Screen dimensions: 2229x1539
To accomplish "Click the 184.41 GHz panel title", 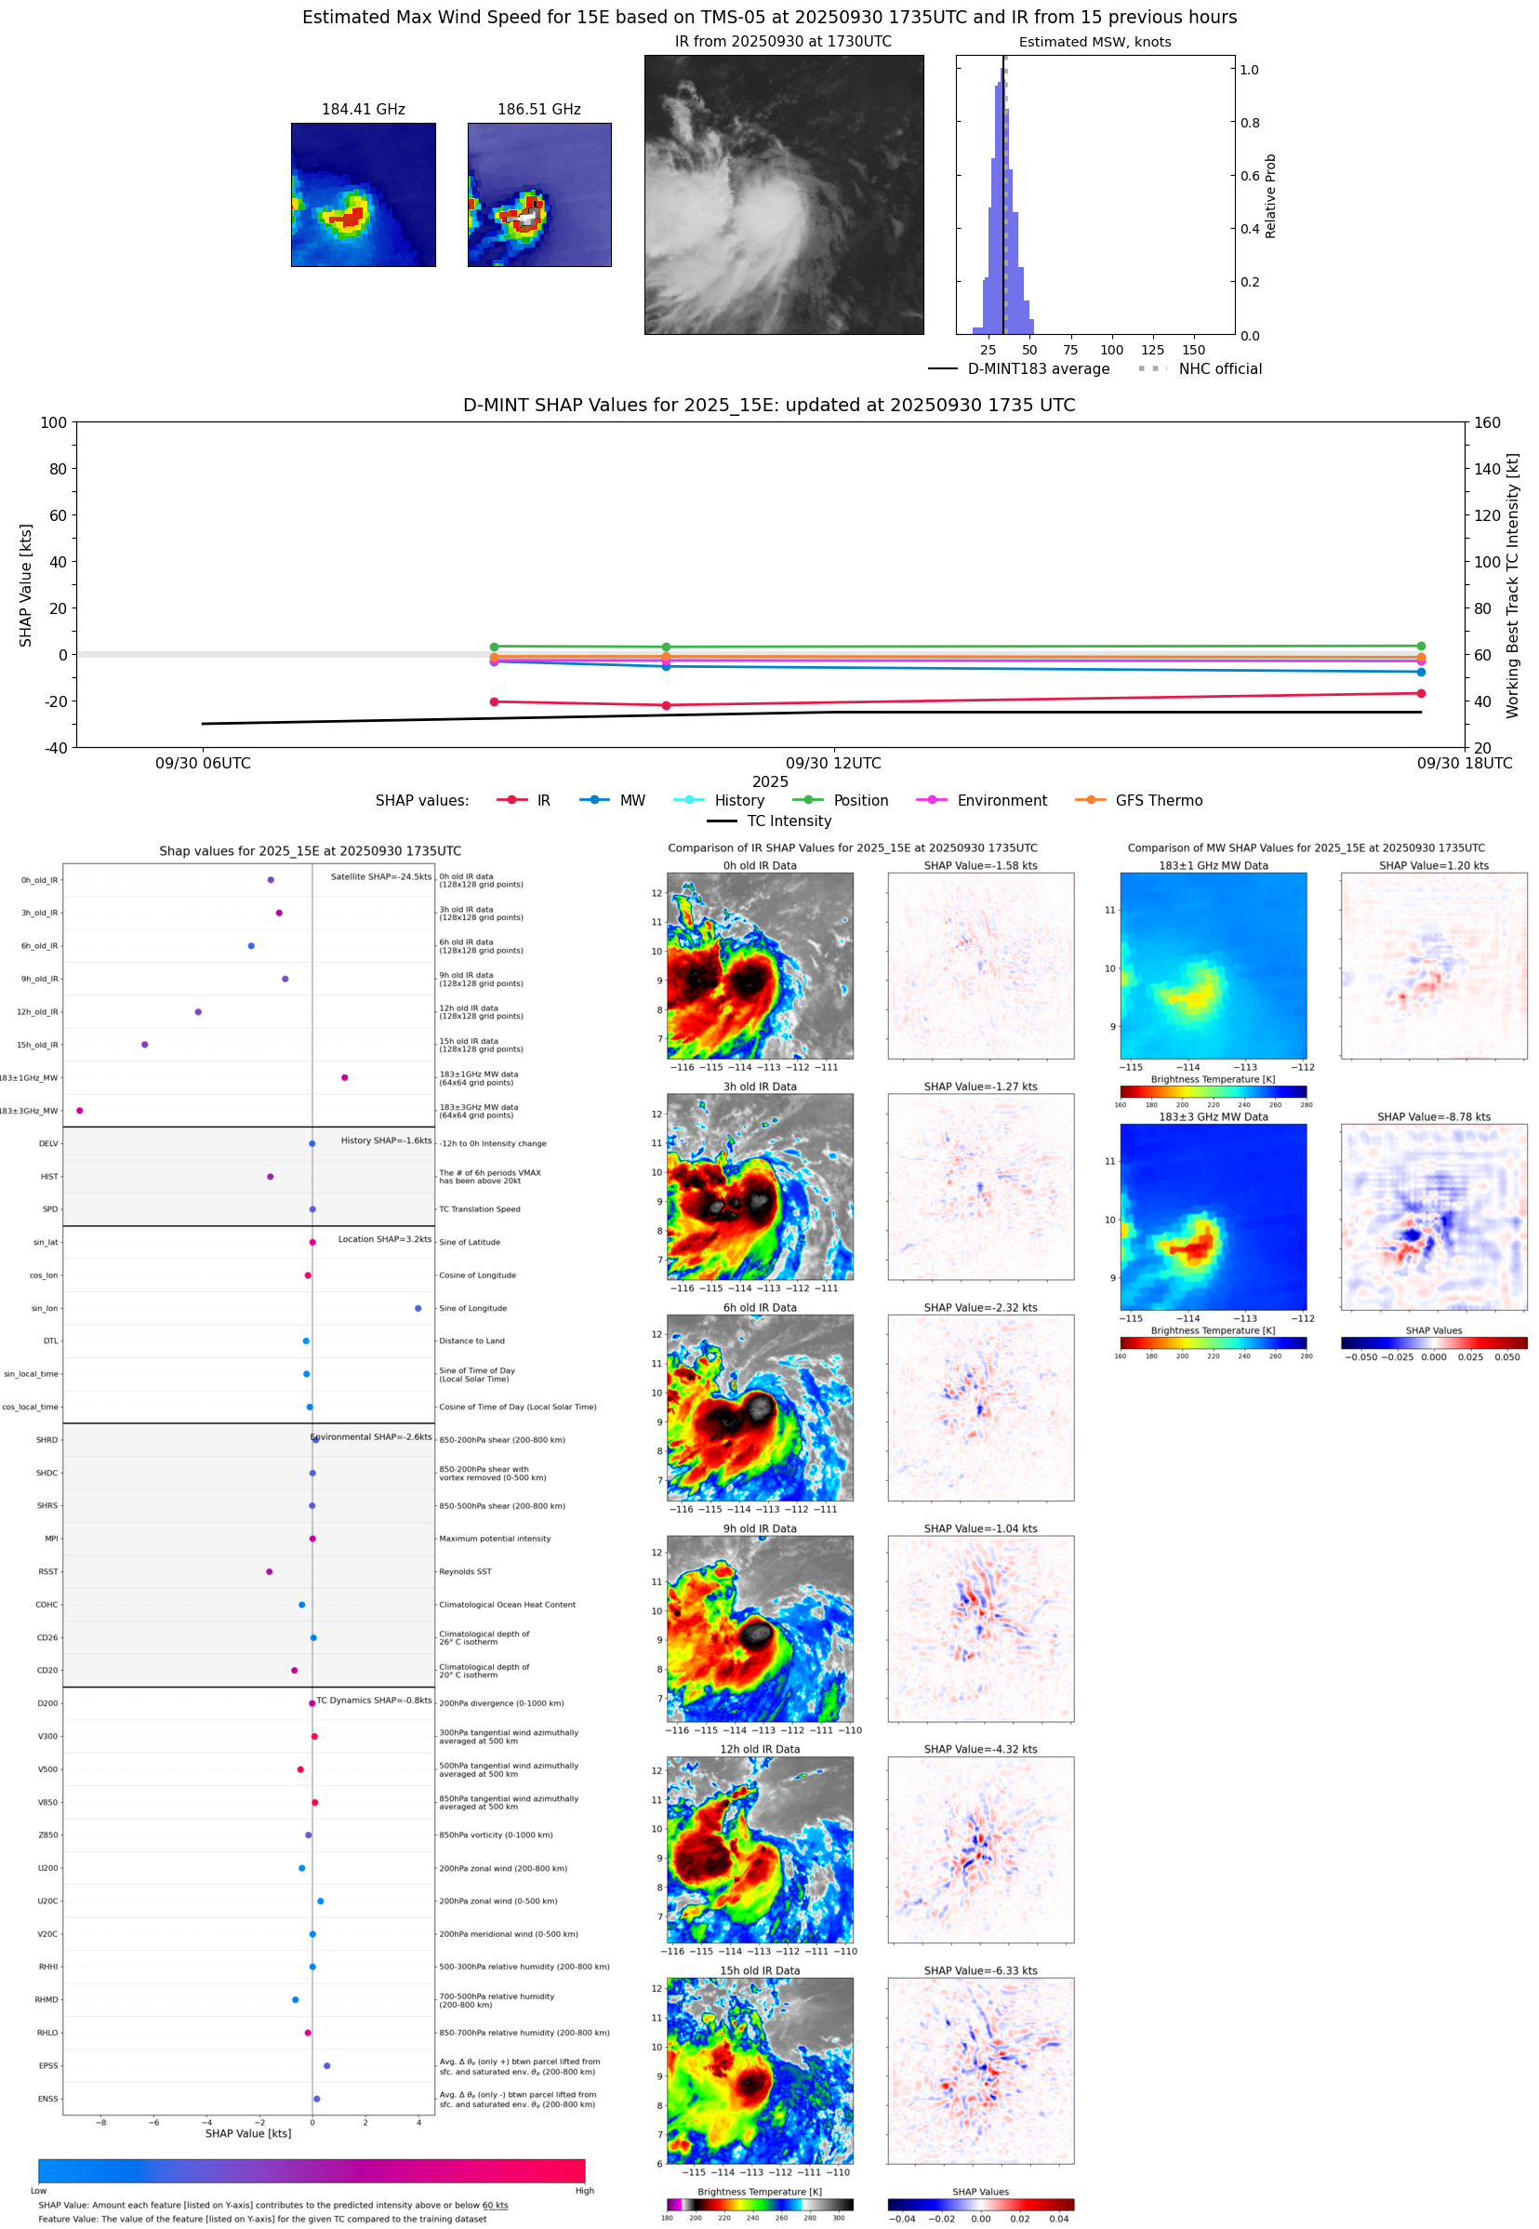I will click(x=363, y=109).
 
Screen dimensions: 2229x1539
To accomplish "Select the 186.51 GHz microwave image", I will click(x=539, y=194).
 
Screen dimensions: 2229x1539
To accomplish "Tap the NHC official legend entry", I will click(x=1219, y=368).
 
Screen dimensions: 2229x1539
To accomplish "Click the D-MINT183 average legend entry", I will click(x=1038, y=368).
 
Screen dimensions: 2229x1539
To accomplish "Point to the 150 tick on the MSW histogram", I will click(x=1193, y=350).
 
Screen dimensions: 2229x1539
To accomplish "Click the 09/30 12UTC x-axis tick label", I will click(x=833, y=763).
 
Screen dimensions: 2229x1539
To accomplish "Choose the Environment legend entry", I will click(x=1001, y=801).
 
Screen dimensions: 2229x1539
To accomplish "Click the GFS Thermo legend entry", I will click(x=1158, y=801).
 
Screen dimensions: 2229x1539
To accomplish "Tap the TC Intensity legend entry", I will click(x=788, y=821).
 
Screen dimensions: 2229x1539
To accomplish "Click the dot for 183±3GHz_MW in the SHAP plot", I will click(x=80, y=1110).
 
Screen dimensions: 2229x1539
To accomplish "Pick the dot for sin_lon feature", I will click(x=418, y=1308).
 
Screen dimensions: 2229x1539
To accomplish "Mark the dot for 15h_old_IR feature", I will click(x=145, y=1045).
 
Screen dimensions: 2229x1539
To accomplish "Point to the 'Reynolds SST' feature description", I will click(x=465, y=1571).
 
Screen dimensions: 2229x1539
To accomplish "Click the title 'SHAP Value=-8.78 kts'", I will click(x=1433, y=1117).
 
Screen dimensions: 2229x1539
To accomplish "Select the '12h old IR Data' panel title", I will click(x=760, y=1749).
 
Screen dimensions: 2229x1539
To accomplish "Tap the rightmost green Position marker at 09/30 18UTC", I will click(x=1420, y=647).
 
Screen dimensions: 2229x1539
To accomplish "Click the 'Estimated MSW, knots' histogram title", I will click(x=1095, y=42).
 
